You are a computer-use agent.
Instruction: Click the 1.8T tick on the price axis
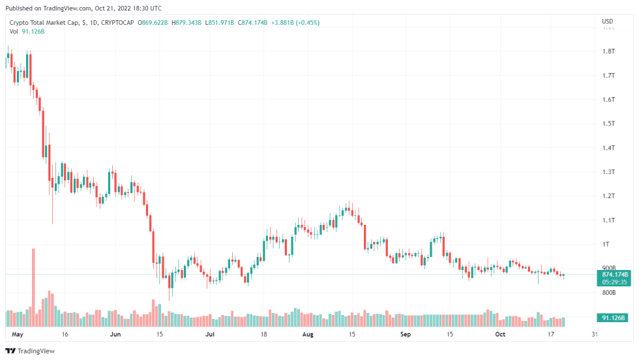[609, 51]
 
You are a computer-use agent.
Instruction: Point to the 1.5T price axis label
[609, 123]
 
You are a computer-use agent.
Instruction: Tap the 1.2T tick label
[609, 196]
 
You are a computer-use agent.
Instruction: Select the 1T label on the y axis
[606, 244]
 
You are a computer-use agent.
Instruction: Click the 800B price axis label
[608, 293]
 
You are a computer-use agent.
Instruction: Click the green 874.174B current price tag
[611, 275]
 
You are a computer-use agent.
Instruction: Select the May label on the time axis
[18, 333]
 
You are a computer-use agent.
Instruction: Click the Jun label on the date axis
[115, 333]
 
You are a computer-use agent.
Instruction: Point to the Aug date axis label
[308, 333]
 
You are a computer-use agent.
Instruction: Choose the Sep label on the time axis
[406, 333]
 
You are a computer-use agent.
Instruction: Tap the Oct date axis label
[500, 333]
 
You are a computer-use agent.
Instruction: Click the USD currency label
[607, 22]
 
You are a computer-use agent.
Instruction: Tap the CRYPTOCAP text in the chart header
[120, 22]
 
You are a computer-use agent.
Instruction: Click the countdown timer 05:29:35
[611, 282]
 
